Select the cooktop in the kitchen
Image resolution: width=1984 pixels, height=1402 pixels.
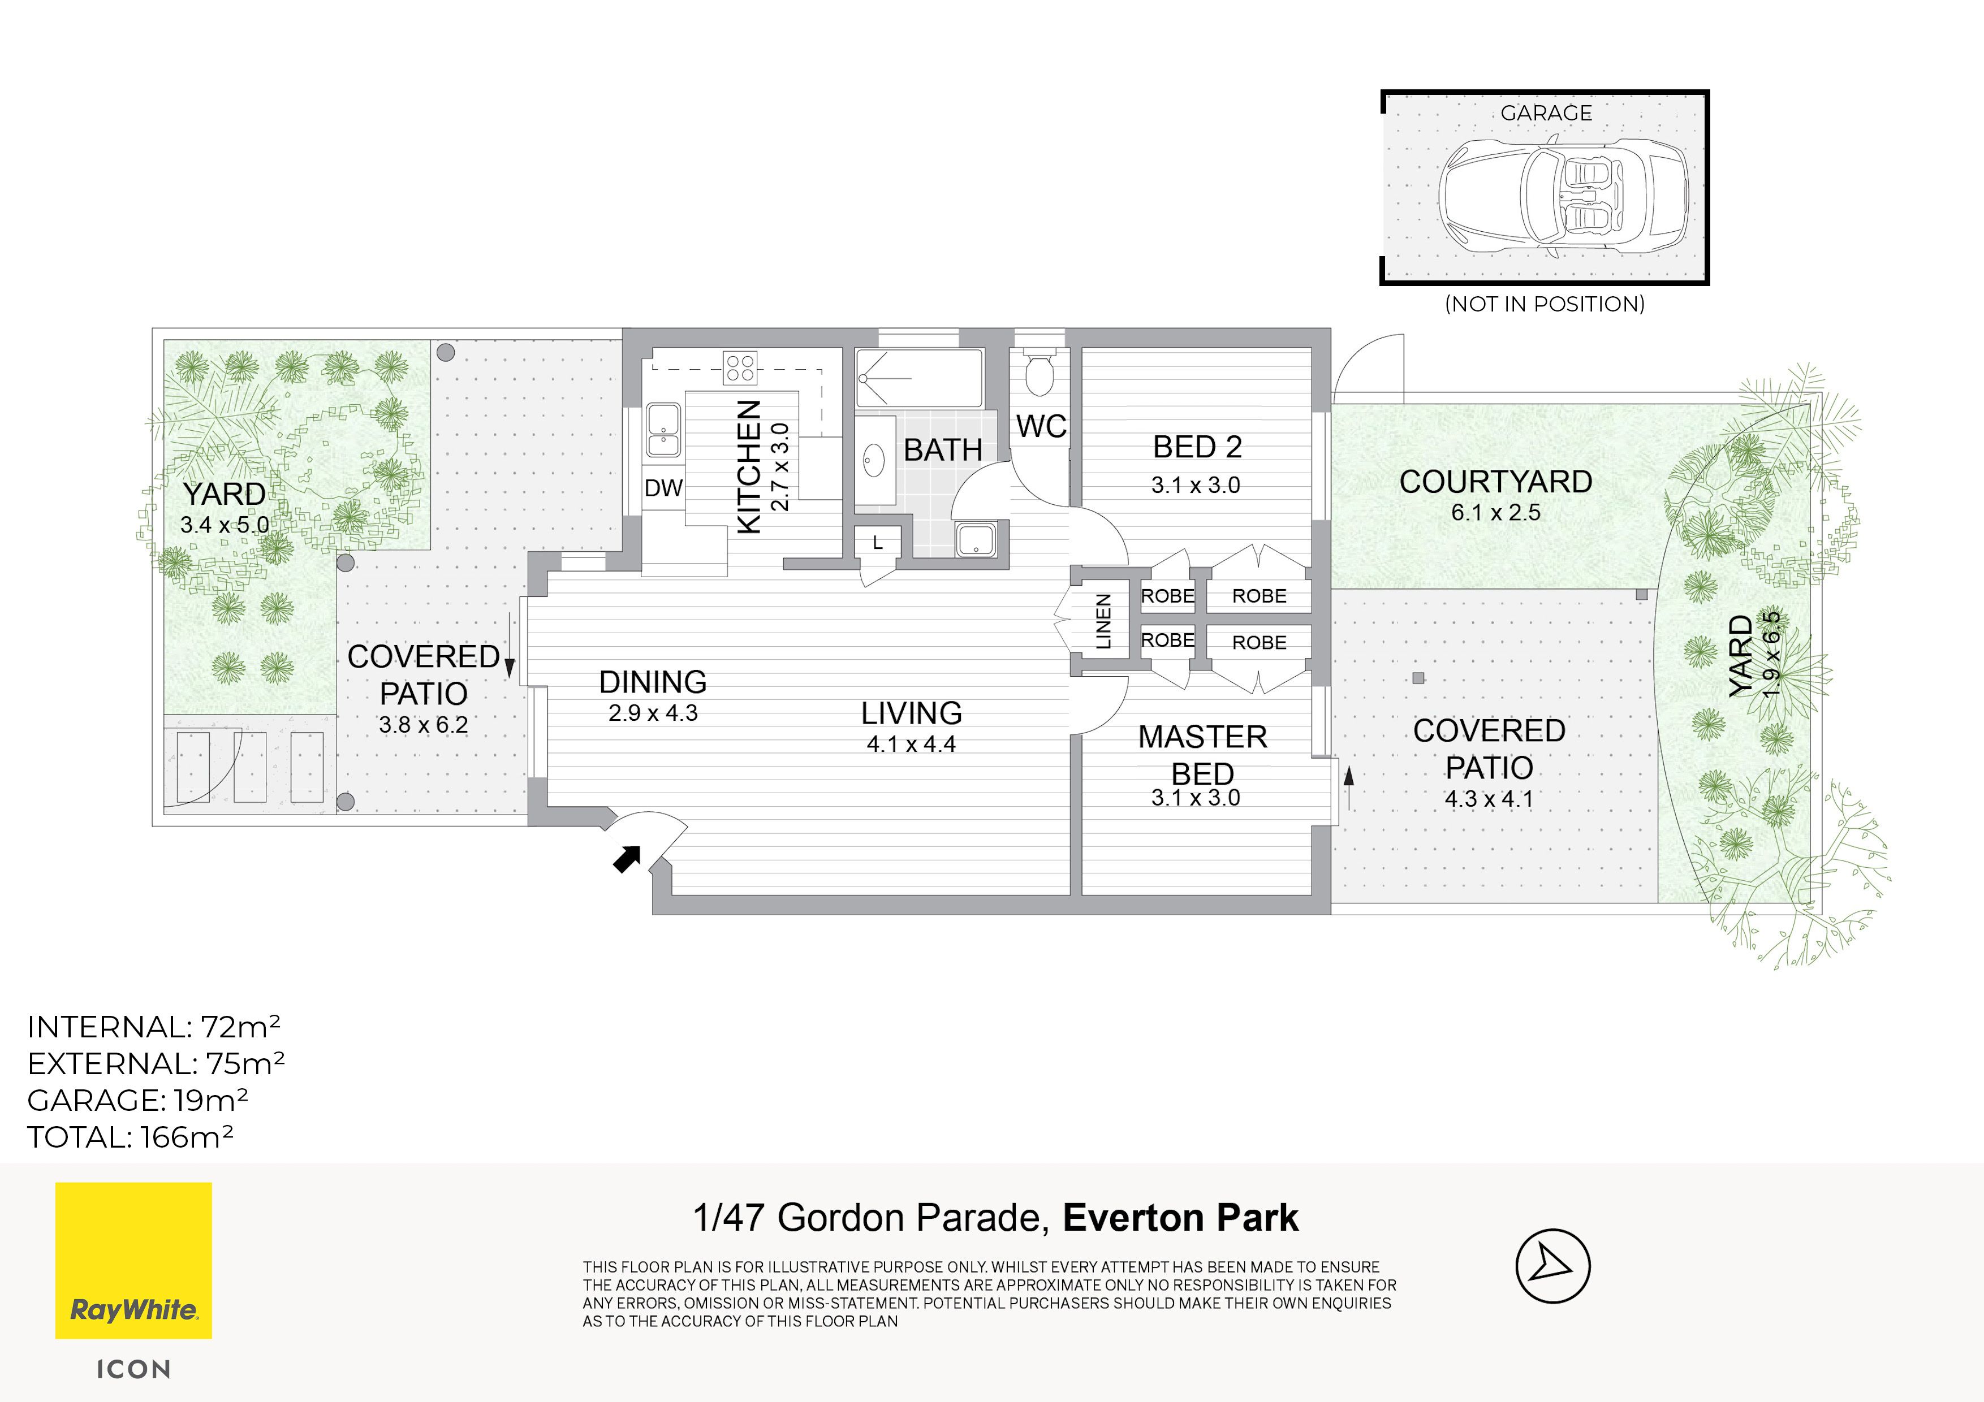click(x=740, y=367)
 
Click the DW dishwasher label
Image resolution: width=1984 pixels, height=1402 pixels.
click(x=663, y=488)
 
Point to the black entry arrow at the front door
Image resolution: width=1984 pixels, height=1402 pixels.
click(x=627, y=859)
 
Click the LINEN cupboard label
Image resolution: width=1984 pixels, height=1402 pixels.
click(x=1103, y=621)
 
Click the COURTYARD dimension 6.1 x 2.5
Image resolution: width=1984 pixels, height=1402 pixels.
click(x=1496, y=512)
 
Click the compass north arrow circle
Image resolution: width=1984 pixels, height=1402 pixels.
click(x=1553, y=1266)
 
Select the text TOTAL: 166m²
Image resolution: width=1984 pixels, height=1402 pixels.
click(x=131, y=1137)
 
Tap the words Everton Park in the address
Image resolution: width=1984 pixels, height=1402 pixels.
click(x=1180, y=1218)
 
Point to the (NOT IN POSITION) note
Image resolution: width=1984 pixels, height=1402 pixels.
click(x=1545, y=304)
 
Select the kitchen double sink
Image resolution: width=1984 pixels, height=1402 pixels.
click(x=663, y=430)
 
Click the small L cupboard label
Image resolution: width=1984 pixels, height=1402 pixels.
click(x=878, y=543)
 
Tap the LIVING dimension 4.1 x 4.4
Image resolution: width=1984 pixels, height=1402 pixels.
click(x=911, y=744)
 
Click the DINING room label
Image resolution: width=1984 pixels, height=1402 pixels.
click(x=653, y=682)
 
